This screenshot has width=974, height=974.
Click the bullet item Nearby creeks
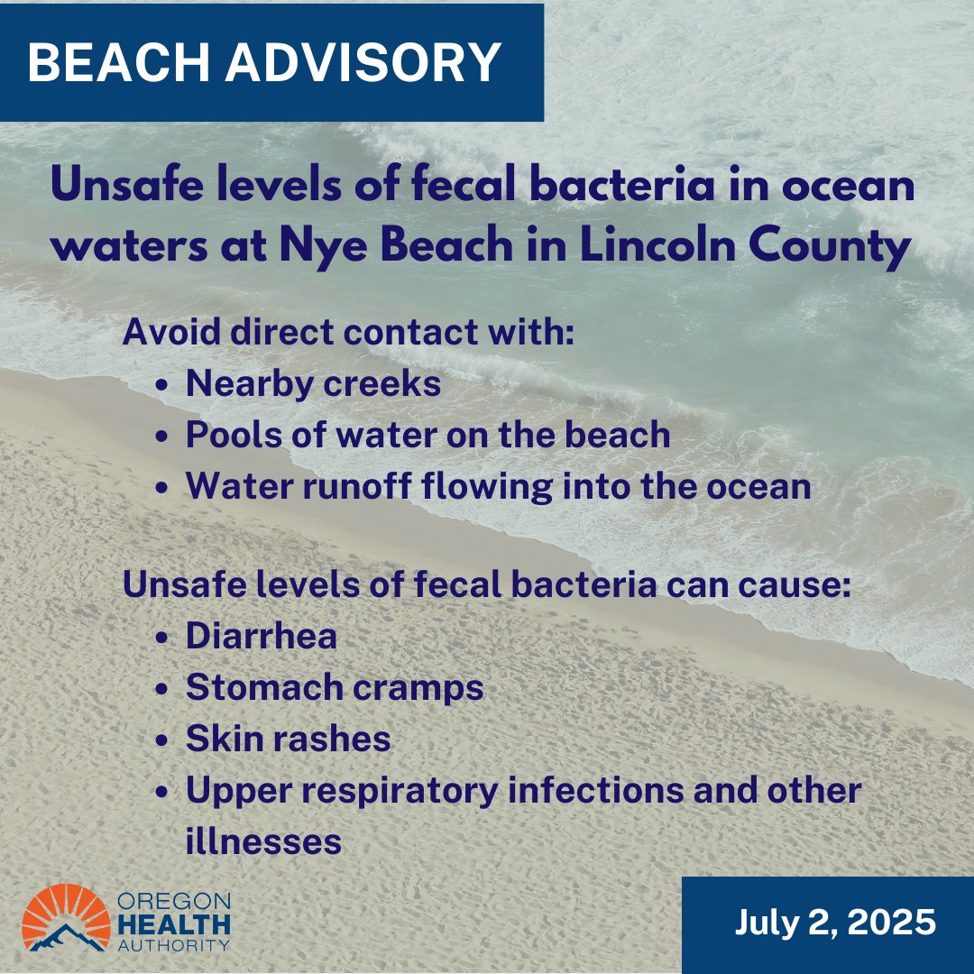[313, 384]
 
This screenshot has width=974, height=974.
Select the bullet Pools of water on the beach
[427, 435]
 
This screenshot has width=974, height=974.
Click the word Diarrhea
[262, 636]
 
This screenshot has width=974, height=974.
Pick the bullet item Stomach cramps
[335, 687]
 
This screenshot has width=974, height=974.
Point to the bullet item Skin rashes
[288, 740]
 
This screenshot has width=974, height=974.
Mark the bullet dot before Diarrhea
[161, 638]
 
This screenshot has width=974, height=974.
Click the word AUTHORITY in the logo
[173, 944]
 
